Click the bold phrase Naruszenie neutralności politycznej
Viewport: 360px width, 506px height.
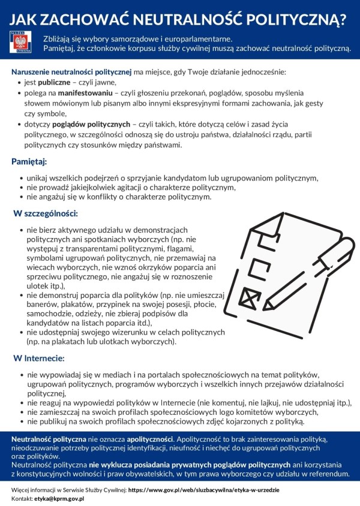point(71,72)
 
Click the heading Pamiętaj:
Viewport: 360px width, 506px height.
point(29,161)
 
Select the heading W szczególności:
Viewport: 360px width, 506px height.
point(46,213)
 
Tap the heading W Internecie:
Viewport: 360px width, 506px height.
point(39,358)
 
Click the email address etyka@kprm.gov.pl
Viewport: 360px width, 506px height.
point(59,498)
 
